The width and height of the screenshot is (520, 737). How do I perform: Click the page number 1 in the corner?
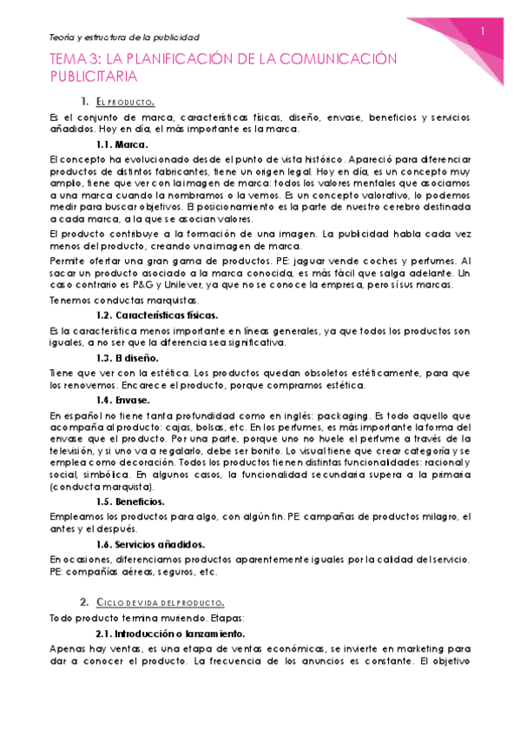point(483,32)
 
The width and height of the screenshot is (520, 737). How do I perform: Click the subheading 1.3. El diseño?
point(127,357)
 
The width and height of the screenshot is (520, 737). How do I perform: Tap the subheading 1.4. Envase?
point(122,400)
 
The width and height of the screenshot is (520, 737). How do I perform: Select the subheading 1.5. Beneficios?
point(130,501)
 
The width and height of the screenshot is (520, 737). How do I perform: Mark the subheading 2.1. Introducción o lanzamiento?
point(169,634)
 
